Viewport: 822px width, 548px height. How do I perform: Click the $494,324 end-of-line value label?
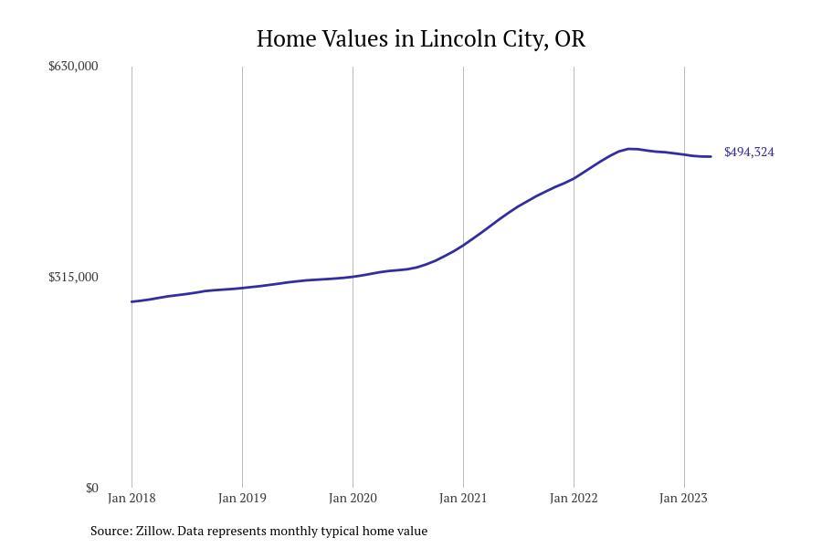[x=749, y=153]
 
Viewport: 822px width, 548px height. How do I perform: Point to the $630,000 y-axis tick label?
[x=73, y=66]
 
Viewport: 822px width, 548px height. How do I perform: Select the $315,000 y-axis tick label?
[x=73, y=277]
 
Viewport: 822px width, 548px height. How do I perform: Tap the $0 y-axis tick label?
[x=91, y=488]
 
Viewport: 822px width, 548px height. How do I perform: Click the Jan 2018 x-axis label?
[x=132, y=498]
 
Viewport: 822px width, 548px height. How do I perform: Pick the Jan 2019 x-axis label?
[x=242, y=498]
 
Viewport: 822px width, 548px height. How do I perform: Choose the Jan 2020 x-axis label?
[x=353, y=498]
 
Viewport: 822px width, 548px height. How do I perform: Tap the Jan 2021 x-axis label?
[x=463, y=498]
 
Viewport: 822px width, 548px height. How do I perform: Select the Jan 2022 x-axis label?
[x=574, y=498]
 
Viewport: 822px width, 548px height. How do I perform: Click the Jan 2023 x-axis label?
[x=683, y=498]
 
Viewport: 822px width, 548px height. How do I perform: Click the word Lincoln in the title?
[x=458, y=38]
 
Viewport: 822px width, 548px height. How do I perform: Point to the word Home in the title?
[x=286, y=38]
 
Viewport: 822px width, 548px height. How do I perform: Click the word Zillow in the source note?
[x=154, y=531]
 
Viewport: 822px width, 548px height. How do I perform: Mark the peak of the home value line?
[x=630, y=149]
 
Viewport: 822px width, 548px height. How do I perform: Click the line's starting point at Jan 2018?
[x=132, y=301]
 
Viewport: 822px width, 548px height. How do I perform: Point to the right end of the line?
[x=711, y=156]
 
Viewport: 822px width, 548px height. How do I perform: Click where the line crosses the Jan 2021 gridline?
[x=463, y=245]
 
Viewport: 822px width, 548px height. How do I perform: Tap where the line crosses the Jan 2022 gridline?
[x=574, y=178]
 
